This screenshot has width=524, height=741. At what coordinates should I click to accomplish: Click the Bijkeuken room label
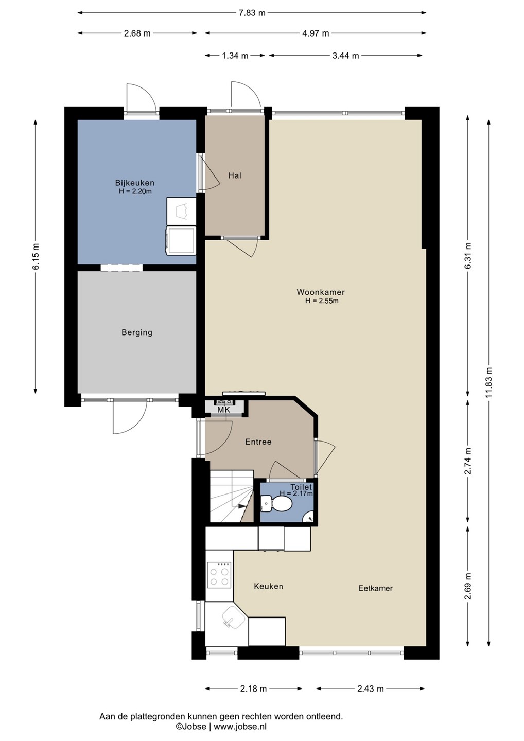coord(135,183)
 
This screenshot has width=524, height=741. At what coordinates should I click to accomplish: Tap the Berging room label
coord(137,332)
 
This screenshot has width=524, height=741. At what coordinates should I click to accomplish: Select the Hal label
coord(235,175)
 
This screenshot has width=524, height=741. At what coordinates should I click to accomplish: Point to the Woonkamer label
coord(321,292)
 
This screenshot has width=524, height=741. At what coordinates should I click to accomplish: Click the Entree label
coord(258,442)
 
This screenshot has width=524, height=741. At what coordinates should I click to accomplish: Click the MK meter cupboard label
coord(223,410)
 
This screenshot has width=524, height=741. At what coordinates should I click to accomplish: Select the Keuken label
coord(268,586)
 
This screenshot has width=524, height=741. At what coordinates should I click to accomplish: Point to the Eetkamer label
coord(375,588)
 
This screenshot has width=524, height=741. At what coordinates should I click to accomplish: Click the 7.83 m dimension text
coord(252,13)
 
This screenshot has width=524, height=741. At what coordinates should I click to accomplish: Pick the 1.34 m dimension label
coord(235,56)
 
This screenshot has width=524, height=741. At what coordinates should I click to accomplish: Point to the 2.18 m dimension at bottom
coord(253,689)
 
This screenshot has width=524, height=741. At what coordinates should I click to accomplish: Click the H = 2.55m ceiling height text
coord(322,301)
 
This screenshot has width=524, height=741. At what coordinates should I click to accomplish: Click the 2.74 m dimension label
coord(468,461)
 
